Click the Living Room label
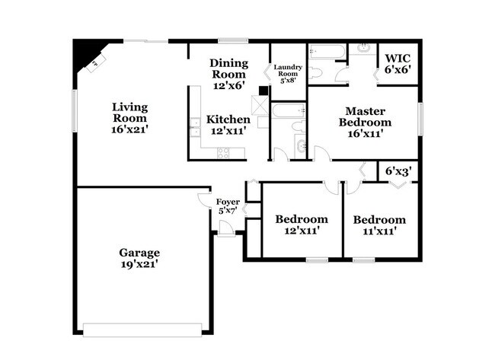coord(129,118)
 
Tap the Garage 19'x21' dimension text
coord(139,264)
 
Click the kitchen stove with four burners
coord(224,151)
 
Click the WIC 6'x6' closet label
coord(397,63)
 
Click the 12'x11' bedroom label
coord(302,225)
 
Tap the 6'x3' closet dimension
coord(398,172)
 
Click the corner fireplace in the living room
coord(86,56)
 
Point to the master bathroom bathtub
coord(327,51)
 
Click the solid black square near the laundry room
coord(263,90)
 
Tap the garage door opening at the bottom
coord(142,330)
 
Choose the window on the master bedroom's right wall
coord(420,119)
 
